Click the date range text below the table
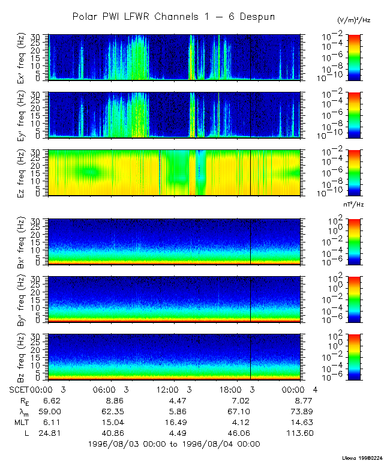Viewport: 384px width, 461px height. [x=174, y=444]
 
